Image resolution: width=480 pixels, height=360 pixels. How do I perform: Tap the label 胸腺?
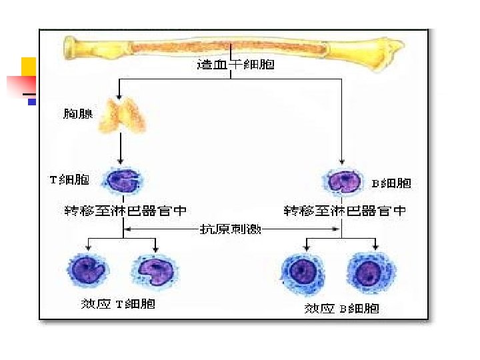click(x=77, y=114)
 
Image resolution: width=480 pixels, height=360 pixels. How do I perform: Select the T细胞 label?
click(x=69, y=180)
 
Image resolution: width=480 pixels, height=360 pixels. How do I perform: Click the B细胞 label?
click(x=391, y=183)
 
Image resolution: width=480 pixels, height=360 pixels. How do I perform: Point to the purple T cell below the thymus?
click(x=122, y=180)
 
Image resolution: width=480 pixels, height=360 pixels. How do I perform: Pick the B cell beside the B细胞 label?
click(x=344, y=181)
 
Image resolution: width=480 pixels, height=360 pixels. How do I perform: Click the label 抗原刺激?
click(x=231, y=229)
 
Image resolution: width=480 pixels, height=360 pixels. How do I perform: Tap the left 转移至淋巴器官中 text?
click(x=125, y=211)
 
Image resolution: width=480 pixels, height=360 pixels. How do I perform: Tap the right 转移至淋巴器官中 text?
click(x=345, y=211)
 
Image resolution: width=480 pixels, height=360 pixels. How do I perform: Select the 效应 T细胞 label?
click(x=118, y=303)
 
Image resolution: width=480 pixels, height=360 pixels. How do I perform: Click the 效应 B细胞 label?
click(x=341, y=308)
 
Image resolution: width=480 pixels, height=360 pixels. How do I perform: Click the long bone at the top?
click(x=233, y=47)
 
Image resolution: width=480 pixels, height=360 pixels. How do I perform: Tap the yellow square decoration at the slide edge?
click(x=28, y=66)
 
